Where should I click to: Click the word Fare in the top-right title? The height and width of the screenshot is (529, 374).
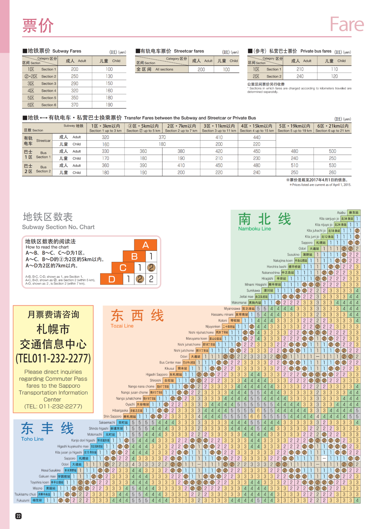(347, 24)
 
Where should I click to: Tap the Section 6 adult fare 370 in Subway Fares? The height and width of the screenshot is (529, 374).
(75, 105)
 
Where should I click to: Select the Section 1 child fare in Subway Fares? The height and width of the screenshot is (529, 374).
(109, 69)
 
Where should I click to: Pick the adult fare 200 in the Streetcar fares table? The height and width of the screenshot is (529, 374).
(201, 70)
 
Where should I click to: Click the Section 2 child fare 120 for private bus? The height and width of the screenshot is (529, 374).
(334, 76)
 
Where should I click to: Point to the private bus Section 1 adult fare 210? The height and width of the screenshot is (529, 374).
(300, 69)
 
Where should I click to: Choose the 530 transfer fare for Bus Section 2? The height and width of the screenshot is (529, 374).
(332, 166)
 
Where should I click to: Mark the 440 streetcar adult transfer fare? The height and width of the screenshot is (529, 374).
(257, 137)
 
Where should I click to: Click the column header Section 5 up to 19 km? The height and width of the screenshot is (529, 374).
(295, 128)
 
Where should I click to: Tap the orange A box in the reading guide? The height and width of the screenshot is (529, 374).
(145, 245)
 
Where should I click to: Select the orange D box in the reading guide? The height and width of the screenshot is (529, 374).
(112, 279)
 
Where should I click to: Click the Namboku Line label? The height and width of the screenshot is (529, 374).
(254, 228)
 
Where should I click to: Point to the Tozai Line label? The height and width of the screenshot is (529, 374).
(122, 326)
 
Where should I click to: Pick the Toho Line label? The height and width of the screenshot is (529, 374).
(32, 439)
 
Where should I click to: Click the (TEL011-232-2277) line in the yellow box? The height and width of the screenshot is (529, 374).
(53, 359)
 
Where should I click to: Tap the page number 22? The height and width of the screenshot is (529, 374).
(18, 516)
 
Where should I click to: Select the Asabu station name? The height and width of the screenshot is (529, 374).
(341, 213)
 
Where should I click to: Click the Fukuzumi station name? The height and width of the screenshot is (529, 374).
(23, 500)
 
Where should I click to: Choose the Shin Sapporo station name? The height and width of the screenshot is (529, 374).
(112, 417)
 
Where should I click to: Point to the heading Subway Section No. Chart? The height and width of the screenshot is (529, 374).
(58, 227)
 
